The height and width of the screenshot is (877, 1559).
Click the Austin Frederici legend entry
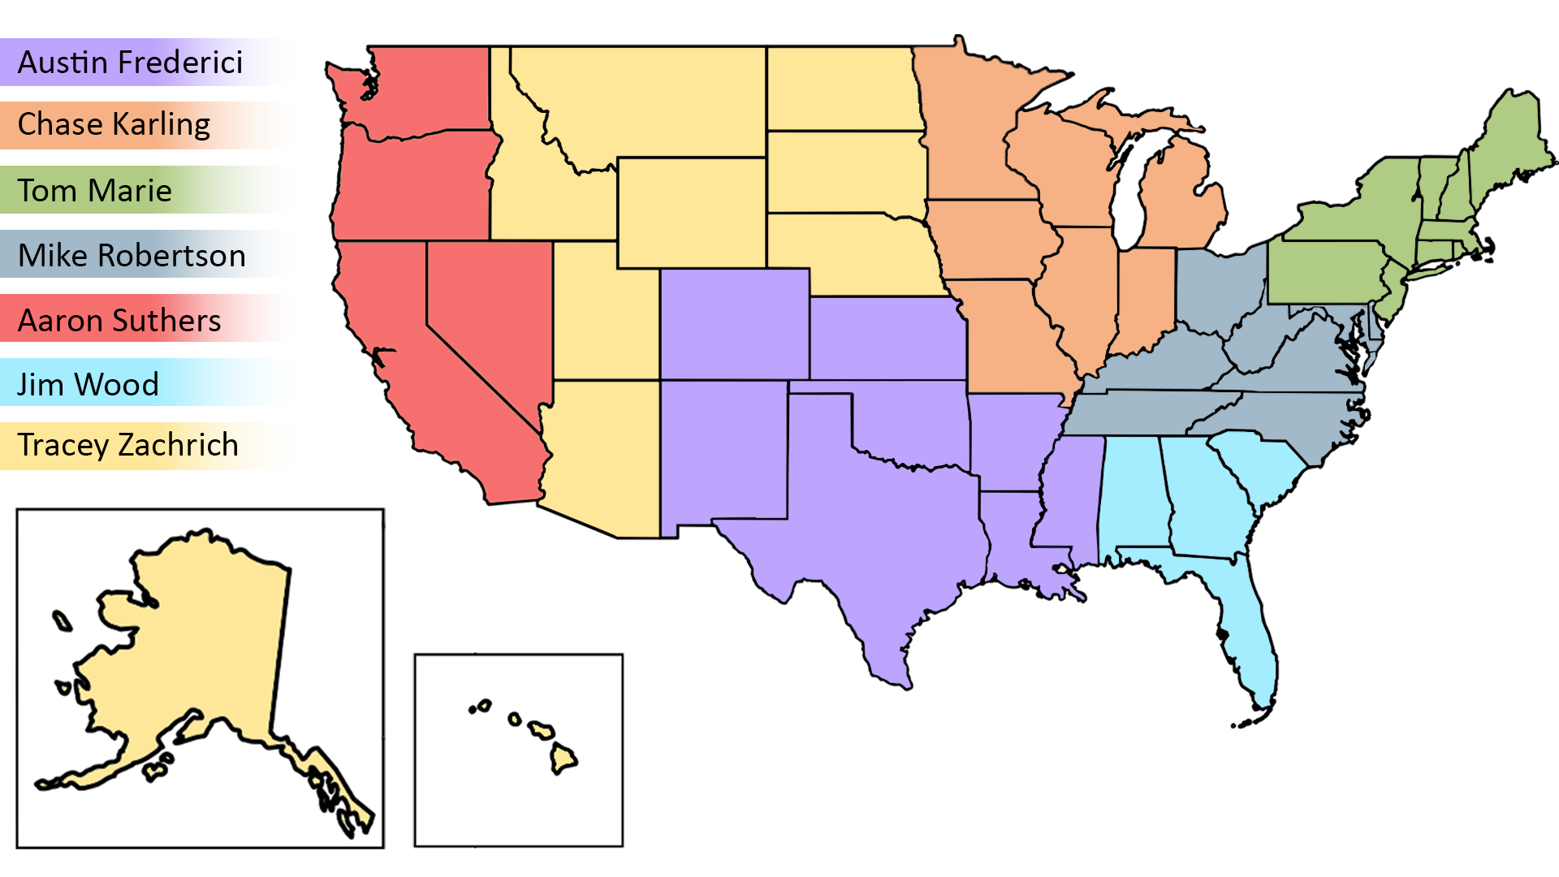(146, 62)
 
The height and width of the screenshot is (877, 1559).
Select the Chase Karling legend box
(146, 125)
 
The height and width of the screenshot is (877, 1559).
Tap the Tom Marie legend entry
(146, 190)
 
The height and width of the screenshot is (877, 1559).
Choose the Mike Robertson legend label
(146, 254)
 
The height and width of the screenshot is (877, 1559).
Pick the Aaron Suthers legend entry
(146, 318)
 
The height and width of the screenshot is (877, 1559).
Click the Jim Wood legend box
(146, 382)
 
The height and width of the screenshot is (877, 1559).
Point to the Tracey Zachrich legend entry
(146, 446)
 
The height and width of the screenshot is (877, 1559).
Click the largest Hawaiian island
(562, 758)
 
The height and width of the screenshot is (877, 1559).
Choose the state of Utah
(601, 317)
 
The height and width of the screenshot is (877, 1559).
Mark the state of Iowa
(991, 240)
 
